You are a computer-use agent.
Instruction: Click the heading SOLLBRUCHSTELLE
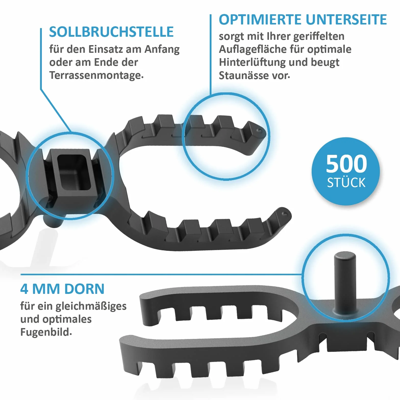click(x=111, y=32)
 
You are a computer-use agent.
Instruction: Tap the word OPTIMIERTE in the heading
click(x=260, y=20)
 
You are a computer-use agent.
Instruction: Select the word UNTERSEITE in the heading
click(x=346, y=20)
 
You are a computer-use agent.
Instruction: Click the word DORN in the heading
click(x=84, y=289)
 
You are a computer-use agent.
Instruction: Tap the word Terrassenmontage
click(x=96, y=76)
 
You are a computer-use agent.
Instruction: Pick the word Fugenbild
click(x=46, y=332)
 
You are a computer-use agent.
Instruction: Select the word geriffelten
click(x=319, y=36)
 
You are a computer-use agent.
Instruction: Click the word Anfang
click(x=162, y=49)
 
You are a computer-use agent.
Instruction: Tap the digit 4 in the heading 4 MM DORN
click(x=24, y=289)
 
